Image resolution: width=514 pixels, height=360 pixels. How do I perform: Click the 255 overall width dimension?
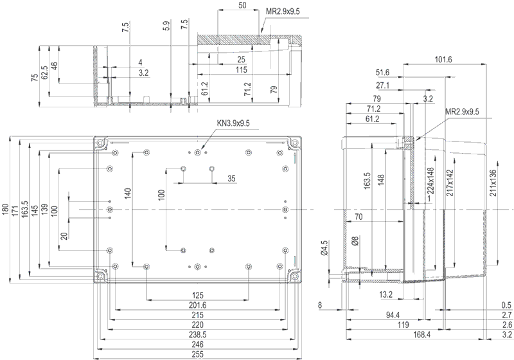coord(197,354)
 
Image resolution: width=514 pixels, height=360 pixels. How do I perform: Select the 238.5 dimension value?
coord(197,335)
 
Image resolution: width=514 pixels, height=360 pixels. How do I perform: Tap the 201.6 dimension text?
coord(197,305)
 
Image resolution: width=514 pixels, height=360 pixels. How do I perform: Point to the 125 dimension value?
coord(197,296)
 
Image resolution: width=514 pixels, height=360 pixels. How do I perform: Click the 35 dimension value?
coord(231,179)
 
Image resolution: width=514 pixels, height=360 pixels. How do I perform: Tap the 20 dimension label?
coord(64,236)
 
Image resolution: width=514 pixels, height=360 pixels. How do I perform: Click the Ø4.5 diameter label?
coord(324,248)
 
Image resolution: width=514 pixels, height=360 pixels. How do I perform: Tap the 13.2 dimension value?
coord(387,295)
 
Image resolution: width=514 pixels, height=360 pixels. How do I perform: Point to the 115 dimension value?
coord(242,69)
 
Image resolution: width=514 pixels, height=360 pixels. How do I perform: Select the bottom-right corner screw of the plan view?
coord(296,278)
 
